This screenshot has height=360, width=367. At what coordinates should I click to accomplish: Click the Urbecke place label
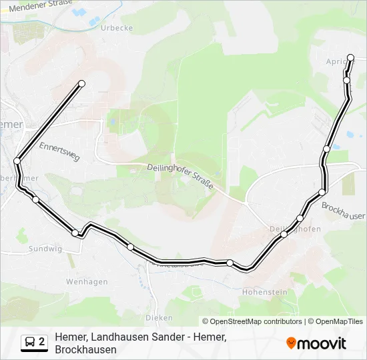117,28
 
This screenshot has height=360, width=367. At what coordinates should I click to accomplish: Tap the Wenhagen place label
87,282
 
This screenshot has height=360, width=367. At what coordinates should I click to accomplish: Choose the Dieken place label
158,318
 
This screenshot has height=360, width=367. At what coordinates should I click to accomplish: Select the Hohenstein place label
265,292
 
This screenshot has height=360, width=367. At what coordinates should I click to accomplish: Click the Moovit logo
316,343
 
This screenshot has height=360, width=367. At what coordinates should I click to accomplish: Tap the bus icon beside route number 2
30,343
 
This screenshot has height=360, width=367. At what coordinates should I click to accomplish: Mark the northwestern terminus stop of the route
82,83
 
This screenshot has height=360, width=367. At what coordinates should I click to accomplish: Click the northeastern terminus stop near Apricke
351,58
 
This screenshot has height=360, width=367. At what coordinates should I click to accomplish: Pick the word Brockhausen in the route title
86,349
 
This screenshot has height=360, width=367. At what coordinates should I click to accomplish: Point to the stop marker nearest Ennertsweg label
17,161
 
